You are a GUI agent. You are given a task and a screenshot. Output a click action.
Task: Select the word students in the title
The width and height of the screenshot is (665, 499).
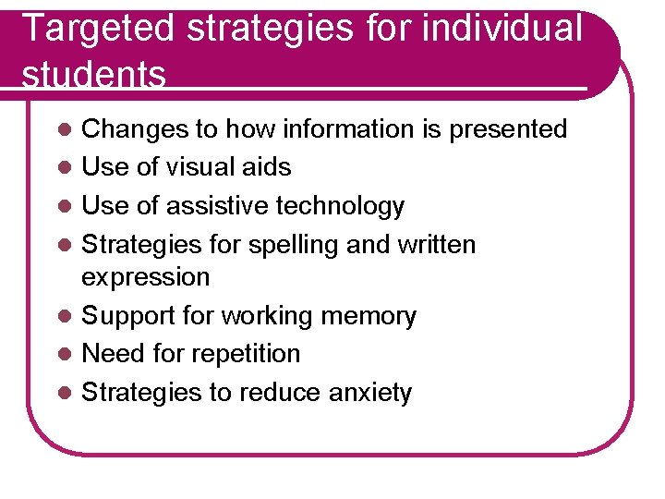click(93, 75)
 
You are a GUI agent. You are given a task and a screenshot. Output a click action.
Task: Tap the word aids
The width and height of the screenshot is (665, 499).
click(267, 167)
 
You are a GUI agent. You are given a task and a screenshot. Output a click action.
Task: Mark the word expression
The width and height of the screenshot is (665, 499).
click(146, 277)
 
